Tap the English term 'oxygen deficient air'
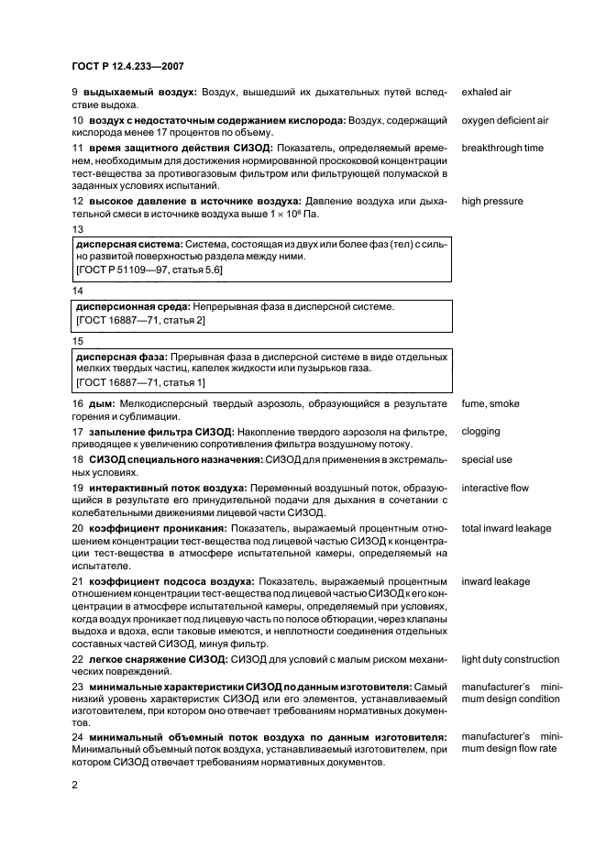tap(505, 120)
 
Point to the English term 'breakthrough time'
tap(502, 148)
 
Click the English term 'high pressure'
tap(492, 202)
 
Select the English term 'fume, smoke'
tap(490, 404)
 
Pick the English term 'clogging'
tap(481, 431)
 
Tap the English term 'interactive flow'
tap(495, 488)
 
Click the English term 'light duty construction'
tap(510, 659)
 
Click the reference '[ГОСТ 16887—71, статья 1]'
tap(140, 381)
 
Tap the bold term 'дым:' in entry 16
tap(100, 404)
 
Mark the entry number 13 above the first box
tap(77, 229)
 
